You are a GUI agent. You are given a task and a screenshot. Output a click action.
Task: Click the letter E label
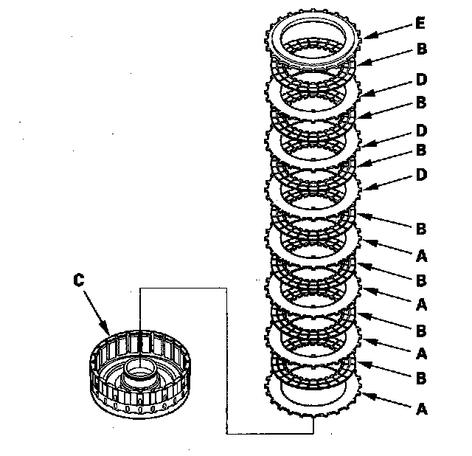click(420, 23)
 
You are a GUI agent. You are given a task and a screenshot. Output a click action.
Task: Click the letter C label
click(79, 280)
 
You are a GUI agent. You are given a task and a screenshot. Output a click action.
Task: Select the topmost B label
click(422, 49)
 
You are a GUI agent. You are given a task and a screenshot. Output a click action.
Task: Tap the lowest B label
click(421, 379)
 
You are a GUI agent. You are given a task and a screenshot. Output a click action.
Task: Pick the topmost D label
click(421, 80)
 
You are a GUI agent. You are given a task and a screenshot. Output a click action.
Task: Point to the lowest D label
click(421, 175)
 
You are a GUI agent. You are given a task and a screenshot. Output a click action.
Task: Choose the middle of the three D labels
click(421, 131)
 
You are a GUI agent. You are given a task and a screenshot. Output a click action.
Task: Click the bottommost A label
click(421, 409)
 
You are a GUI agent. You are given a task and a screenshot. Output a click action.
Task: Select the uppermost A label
click(421, 256)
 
